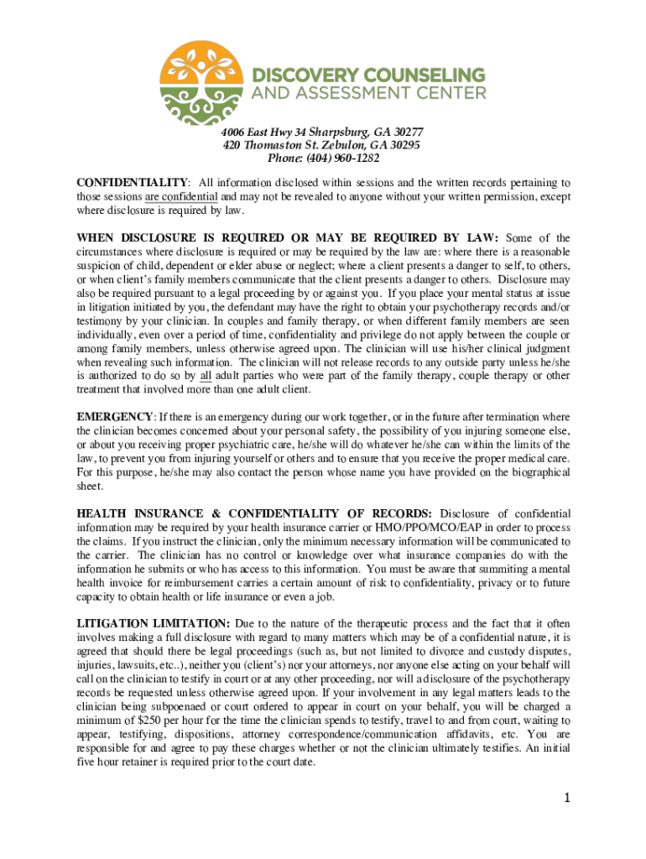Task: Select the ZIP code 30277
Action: click(404, 133)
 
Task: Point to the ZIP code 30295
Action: click(402, 145)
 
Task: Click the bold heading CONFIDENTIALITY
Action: click(132, 183)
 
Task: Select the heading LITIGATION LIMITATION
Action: click(153, 624)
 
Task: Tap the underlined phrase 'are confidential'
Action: click(180, 196)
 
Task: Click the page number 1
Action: click(566, 797)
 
